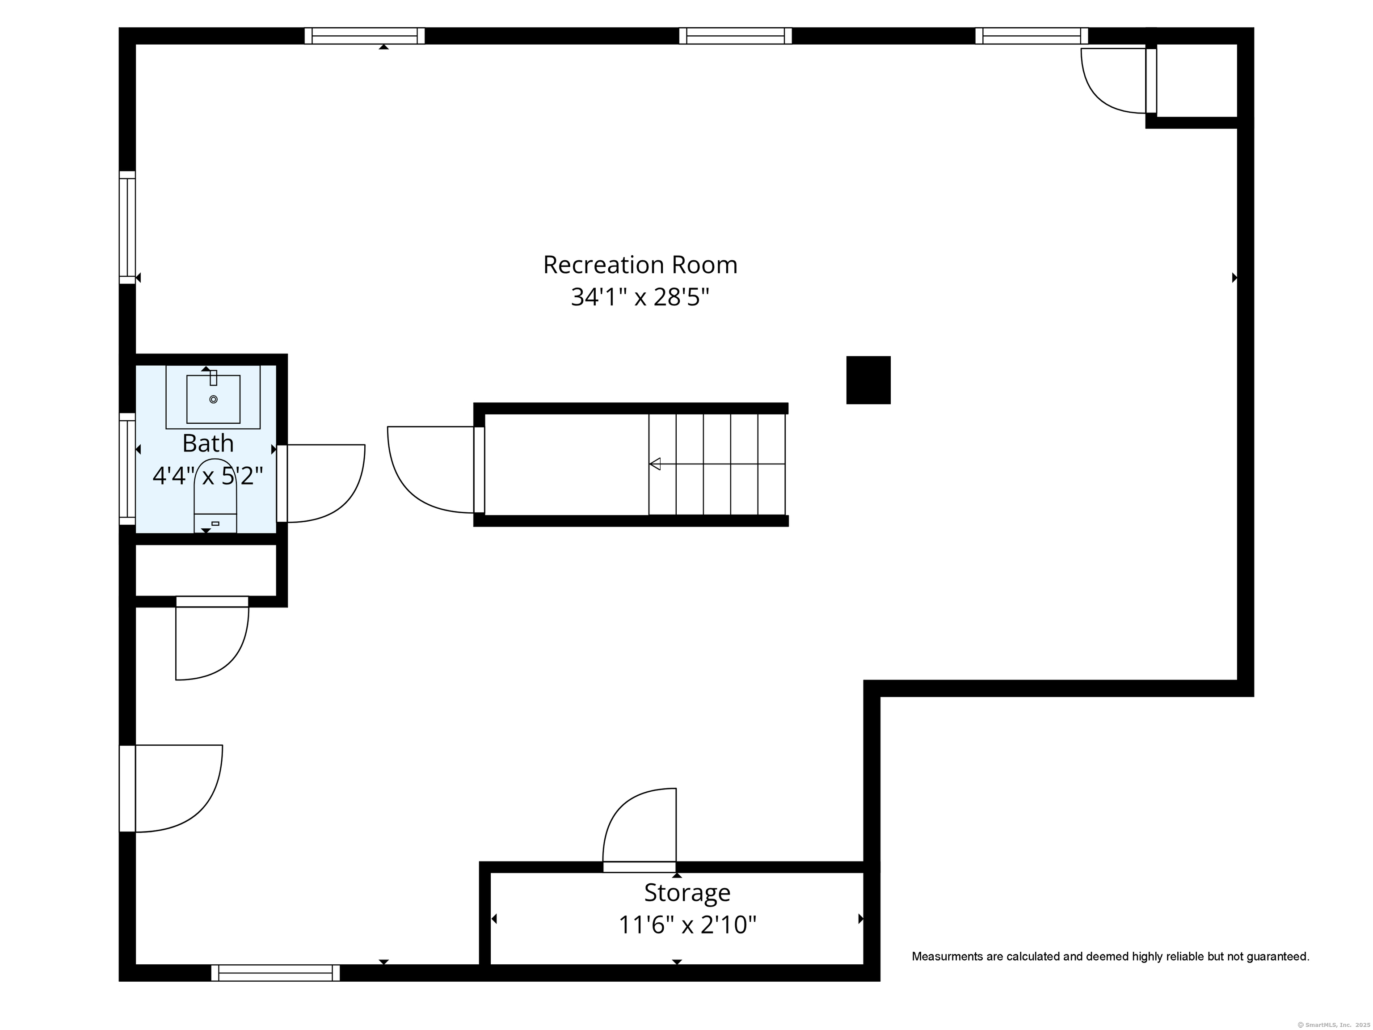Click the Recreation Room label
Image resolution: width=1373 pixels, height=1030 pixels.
[640, 265]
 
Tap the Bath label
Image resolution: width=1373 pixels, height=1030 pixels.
[208, 443]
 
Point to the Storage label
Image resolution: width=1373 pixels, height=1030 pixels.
[687, 893]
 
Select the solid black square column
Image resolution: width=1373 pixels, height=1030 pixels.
[868, 380]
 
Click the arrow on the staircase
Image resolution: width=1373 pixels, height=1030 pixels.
[717, 464]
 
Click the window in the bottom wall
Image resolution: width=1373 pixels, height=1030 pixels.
[276, 973]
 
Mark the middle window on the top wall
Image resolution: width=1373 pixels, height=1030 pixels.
[736, 36]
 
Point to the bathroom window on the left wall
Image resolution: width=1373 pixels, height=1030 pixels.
[127, 469]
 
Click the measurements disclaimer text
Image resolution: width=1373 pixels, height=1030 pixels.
[1111, 957]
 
